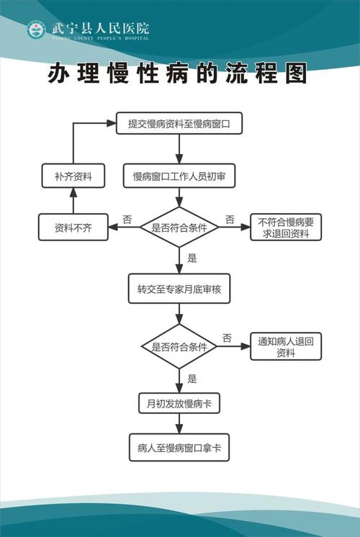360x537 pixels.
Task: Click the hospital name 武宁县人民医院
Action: point(100,28)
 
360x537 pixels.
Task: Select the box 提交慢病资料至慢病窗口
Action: point(179,124)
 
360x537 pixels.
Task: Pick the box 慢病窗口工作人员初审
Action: point(179,176)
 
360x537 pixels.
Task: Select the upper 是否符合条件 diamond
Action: point(179,227)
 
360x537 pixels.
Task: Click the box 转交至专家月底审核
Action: point(179,289)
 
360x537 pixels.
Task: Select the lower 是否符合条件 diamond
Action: point(179,346)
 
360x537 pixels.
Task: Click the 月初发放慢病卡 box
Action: point(179,404)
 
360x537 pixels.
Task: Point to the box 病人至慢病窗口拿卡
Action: point(179,447)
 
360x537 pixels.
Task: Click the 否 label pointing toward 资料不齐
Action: point(127,219)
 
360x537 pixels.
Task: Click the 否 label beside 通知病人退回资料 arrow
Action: point(227,337)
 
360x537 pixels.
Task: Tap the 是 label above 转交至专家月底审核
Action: point(192,257)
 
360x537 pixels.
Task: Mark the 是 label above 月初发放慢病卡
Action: point(192,378)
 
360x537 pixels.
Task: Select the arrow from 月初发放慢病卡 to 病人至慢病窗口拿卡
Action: point(179,424)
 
